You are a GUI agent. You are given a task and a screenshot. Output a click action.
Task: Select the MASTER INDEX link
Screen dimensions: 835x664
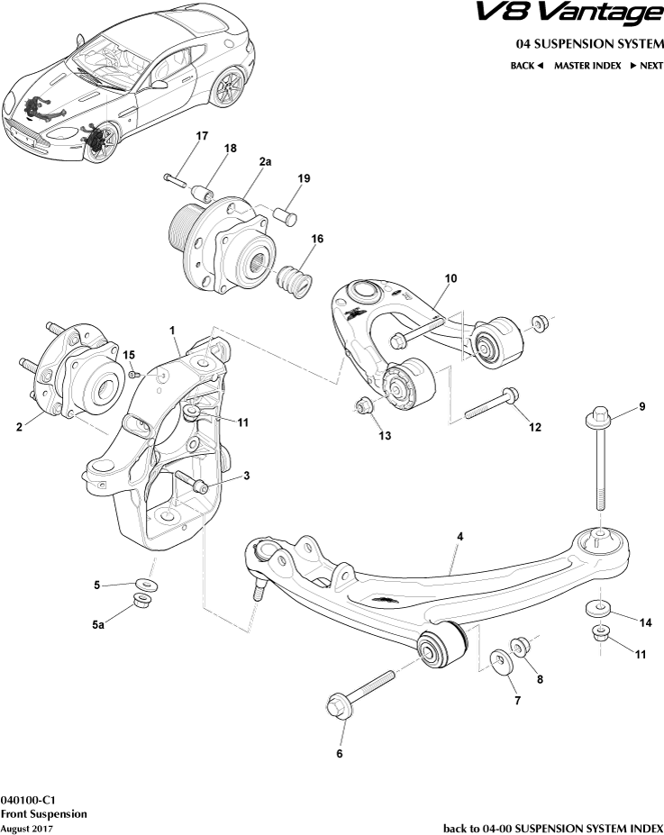[x=587, y=66]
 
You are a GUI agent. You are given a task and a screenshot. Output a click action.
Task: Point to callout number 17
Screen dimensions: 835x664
[x=202, y=136]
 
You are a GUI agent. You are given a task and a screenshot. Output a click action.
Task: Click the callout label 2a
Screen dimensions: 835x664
[x=265, y=161]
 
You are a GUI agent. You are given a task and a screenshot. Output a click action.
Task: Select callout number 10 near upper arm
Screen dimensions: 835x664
[x=451, y=278]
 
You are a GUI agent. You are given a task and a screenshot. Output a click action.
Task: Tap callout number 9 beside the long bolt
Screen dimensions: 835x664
[x=641, y=407]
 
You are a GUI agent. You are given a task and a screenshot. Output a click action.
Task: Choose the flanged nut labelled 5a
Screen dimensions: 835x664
[x=144, y=602]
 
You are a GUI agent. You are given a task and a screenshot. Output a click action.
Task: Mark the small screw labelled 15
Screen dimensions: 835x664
[x=133, y=373]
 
